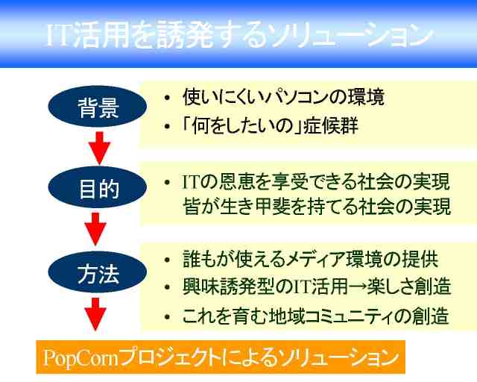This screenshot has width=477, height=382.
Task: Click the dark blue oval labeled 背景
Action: [x=98, y=106]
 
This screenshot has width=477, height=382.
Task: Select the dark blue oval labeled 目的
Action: [x=98, y=187]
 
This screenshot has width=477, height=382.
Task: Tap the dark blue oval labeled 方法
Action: [x=98, y=272]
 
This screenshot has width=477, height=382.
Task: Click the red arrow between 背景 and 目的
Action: [x=99, y=148]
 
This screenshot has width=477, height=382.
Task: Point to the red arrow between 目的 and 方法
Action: [x=95, y=229]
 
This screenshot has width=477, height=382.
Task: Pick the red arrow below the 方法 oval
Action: [x=95, y=314]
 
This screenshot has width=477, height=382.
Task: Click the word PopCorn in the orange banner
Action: [x=80, y=357]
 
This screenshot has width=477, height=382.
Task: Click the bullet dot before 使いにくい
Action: [x=167, y=98]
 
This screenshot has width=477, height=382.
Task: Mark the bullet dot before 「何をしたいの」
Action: [x=167, y=126]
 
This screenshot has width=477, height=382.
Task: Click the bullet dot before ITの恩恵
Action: [x=167, y=183]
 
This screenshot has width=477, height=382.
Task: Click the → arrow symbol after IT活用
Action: [x=357, y=287]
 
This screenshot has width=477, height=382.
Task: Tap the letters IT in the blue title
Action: [x=59, y=34]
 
